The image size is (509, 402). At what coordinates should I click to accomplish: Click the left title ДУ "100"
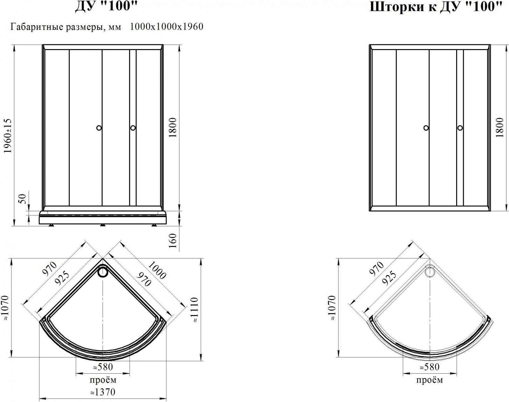click(x=106, y=6)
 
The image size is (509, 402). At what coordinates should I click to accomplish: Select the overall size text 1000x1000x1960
click(x=167, y=26)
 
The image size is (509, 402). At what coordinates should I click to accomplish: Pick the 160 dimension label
click(x=173, y=241)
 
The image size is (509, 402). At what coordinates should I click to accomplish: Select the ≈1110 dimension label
click(x=194, y=310)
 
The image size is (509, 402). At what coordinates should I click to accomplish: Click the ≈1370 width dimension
click(x=103, y=392)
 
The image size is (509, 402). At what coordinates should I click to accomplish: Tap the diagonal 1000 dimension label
click(x=157, y=270)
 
